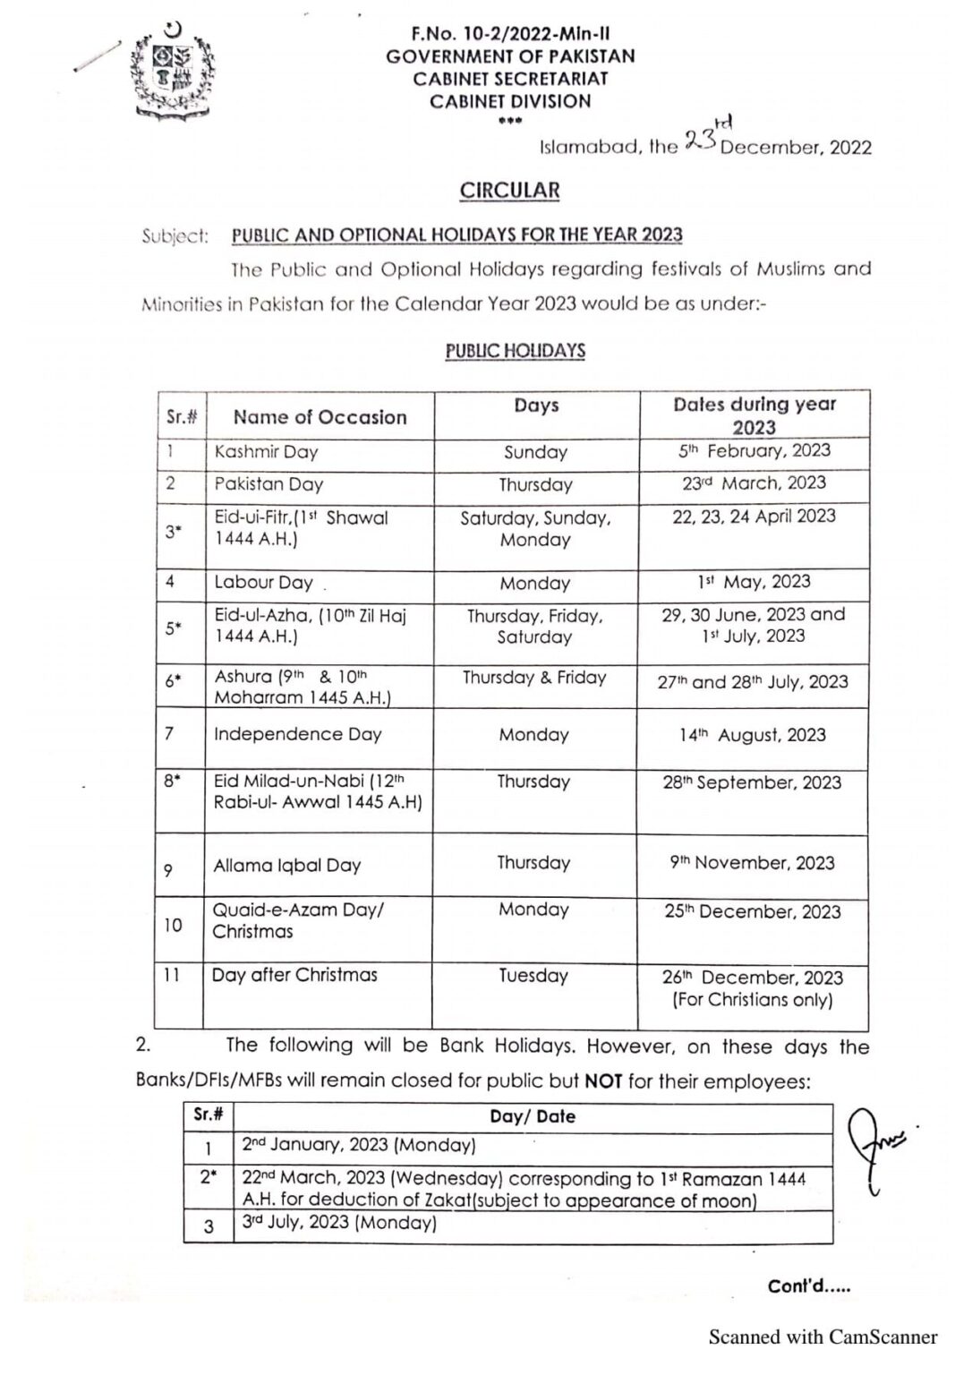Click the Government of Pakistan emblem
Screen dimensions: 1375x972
pyautogui.click(x=173, y=71)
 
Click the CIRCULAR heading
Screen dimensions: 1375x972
pyautogui.click(x=509, y=191)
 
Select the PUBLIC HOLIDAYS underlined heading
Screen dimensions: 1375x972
pyautogui.click(x=515, y=351)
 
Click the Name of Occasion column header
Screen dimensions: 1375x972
pyautogui.click(x=320, y=417)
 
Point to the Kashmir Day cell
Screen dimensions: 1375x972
pyautogui.click(x=266, y=452)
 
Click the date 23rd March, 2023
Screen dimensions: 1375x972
pyautogui.click(x=753, y=483)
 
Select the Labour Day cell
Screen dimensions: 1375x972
pyautogui.click(x=263, y=583)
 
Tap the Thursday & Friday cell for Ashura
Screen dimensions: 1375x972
pyautogui.click(x=534, y=678)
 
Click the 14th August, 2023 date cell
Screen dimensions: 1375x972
pyautogui.click(x=753, y=735)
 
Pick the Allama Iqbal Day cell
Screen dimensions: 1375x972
pyautogui.click(x=286, y=866)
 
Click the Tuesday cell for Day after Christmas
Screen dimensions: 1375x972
pyautogui.click(x=533, y=976)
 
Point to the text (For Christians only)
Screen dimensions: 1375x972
pyautogui.click(x=753, y=1000)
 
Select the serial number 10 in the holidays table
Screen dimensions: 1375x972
pyautogui.click(x=173, y=925)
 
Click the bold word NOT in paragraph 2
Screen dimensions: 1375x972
pyautogui.click(x=603, y=1080)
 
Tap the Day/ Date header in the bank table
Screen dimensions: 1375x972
pyautogui.click(x=533, y=1116)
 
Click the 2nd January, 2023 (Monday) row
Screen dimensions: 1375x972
pyautogui.click(x=358, y=1145)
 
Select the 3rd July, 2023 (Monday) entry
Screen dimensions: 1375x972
pyautogui.click(x=339, y=1223)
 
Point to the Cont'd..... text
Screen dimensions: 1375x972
pyautogui.click(x=809, y=1286)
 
